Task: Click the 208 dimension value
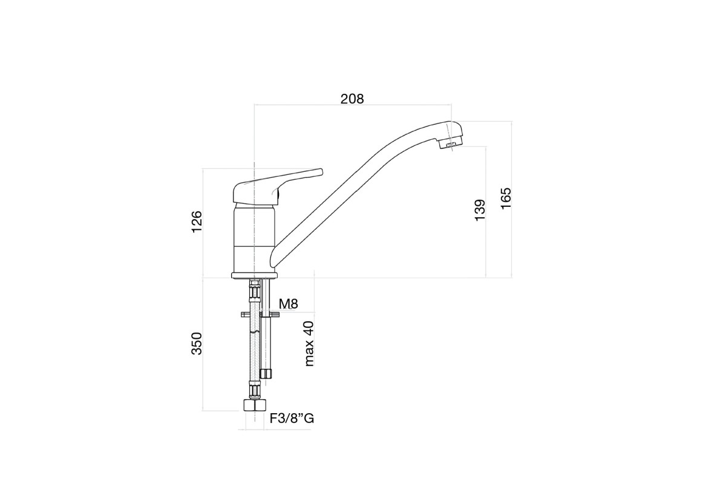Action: tap(352, 99)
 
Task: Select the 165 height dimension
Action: tap(506, 198)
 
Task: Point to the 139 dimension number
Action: tap(480, 211)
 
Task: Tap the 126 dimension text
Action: tap(197, 222)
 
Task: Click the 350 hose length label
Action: tap(197, 343)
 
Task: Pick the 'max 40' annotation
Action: tap(309, 344)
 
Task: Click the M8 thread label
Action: tap(288, 304)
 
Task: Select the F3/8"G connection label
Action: tap(292, 418)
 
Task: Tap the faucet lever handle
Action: tap(278, 188)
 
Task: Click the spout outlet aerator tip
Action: tap(451, 144)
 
